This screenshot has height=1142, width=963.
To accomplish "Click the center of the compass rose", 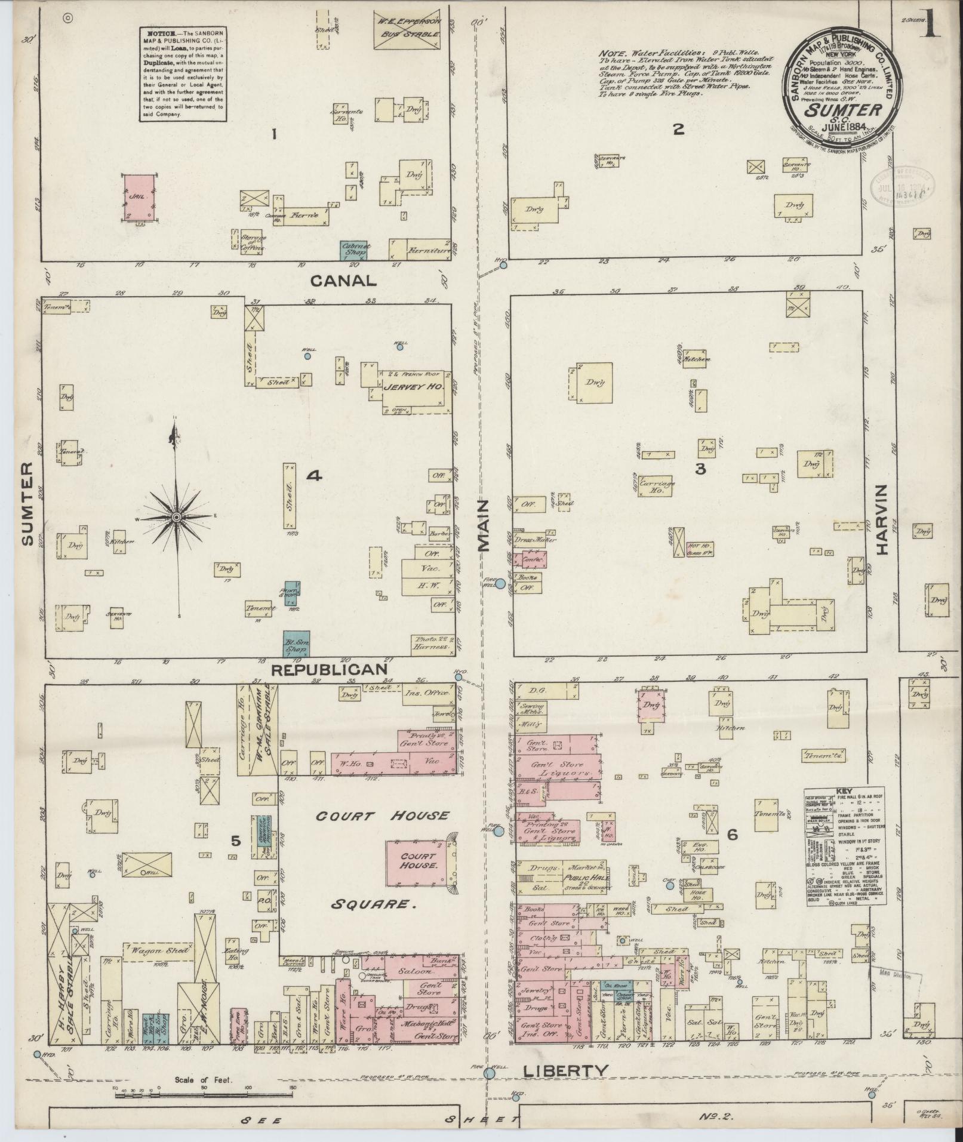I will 177,516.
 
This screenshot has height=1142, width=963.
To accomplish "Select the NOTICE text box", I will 183,74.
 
